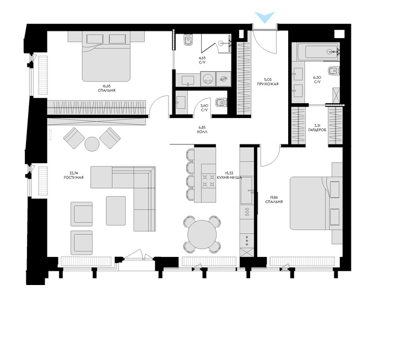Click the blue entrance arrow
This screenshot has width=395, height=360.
264,17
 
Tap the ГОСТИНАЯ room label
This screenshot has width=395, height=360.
74,178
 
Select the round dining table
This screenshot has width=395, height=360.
202,234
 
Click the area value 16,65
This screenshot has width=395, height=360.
106,86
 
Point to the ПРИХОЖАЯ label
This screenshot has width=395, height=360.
268,84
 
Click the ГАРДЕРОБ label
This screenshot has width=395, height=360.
317,130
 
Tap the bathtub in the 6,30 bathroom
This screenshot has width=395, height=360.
318,52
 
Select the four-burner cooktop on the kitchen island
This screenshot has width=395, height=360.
209,181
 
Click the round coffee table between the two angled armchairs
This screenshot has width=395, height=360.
92,144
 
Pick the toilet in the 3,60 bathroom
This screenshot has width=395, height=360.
221,103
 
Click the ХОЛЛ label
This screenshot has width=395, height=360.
202,132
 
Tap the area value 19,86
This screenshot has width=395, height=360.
274,198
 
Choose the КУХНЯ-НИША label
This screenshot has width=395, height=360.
229,177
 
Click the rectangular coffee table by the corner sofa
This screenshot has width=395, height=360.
116,211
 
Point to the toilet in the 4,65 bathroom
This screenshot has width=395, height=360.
188,40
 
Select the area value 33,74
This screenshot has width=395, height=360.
74,173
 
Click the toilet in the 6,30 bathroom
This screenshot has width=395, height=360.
334,71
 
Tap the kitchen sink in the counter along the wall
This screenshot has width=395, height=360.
247,190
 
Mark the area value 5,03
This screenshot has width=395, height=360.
268,80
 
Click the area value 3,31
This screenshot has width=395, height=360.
317,126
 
